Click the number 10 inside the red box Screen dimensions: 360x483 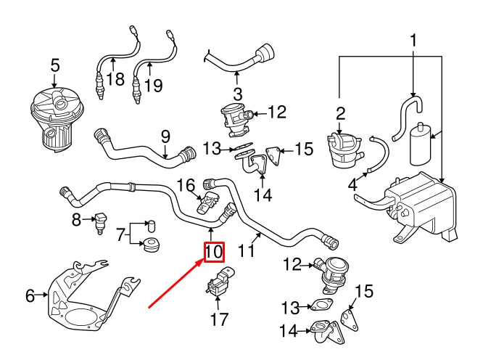point(214,252)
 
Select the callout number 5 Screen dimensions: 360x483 point(55,66)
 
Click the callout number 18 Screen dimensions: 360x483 point(115,79)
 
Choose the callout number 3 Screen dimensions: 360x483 point(237,94)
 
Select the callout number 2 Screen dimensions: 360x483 point(340,112)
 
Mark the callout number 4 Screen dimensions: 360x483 point(353,185)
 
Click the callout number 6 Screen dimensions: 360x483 point(30,295)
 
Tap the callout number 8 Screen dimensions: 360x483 point(77,218)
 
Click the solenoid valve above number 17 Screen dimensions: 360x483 point(219,283)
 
